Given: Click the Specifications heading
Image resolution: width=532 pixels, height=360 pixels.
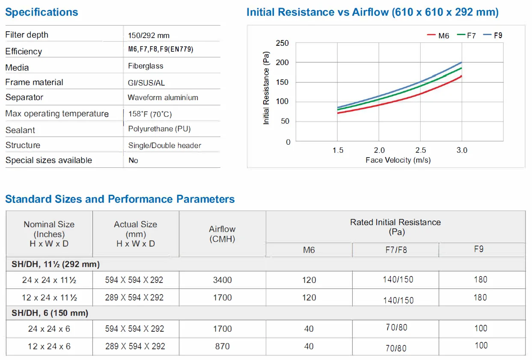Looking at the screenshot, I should point(42,12).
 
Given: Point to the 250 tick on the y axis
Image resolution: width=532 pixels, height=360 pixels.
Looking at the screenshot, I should point(282,43).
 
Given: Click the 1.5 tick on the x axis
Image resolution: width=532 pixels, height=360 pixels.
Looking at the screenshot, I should point(338,150).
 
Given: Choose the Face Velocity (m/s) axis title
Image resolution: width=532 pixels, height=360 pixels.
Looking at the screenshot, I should point(398,160).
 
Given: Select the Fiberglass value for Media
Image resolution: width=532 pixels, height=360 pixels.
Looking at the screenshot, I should point(146,66).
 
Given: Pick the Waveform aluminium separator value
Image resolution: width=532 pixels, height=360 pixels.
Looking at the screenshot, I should point(163,98).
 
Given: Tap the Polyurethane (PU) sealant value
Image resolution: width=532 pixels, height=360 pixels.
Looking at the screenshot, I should point(159,129).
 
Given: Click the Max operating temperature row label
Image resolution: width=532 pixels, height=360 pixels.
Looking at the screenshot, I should point(57,114).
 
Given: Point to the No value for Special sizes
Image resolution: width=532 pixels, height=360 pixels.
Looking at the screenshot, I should point(133,161).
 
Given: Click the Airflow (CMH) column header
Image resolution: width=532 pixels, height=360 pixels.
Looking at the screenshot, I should point(222,234).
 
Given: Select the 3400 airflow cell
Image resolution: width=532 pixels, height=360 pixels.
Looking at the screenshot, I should point(223,280).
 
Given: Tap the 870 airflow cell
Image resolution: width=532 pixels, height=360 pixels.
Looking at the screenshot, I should point(223,346).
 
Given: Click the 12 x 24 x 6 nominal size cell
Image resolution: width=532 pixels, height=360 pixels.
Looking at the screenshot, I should point(49,346).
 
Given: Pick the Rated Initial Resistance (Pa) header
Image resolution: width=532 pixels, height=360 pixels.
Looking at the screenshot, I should point(395,227).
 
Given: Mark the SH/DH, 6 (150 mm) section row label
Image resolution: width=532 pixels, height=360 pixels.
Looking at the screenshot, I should point(50,313).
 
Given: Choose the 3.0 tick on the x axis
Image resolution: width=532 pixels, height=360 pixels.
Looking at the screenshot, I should point(462,150).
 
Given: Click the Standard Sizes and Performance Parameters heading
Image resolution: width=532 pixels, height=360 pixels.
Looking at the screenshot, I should point(120,199).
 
